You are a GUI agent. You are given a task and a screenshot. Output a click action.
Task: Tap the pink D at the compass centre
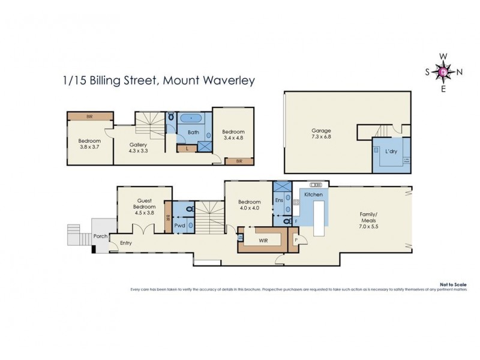443,72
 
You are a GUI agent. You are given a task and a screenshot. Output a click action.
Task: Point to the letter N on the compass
460,72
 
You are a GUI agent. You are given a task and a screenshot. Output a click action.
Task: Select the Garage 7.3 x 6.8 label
321,133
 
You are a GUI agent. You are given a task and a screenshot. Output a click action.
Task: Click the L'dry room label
391,152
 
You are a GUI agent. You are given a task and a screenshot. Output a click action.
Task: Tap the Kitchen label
314,195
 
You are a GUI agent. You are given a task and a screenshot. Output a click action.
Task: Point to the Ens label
279,200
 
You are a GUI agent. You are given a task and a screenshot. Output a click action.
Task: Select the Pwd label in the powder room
179,227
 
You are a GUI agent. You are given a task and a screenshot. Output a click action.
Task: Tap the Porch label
100,236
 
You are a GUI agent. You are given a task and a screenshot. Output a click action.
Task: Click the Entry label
126,243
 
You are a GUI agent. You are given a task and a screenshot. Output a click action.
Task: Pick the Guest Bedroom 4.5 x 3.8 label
140,207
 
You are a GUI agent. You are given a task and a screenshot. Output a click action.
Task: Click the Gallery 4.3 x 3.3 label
139,148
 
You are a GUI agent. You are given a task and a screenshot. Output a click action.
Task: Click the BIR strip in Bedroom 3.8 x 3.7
89,116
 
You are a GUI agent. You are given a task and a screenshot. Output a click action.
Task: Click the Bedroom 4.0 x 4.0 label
249,205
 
